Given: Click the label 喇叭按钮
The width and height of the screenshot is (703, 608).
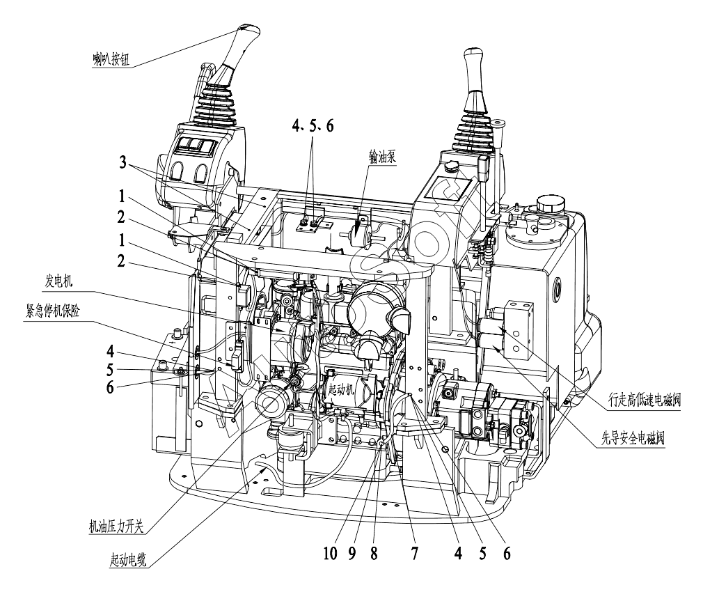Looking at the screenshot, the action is (x=111, y=59).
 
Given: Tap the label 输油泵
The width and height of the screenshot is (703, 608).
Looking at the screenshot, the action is (x=382, y=157).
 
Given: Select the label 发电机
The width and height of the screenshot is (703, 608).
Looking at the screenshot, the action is (x=58, y=281).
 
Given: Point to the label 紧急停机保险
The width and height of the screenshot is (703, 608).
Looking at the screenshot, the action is (x=53, y=311).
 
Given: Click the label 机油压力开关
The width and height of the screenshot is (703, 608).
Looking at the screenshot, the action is (x=116, y=525).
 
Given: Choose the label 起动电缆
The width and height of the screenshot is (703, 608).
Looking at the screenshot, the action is (x=128, y=559).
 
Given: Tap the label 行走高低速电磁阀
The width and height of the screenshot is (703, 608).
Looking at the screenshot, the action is (x=645, y=399).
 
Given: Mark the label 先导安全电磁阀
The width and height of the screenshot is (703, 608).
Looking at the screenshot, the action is (x=633, y=437).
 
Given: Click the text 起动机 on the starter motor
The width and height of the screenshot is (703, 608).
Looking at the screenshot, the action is (x=341, y=389).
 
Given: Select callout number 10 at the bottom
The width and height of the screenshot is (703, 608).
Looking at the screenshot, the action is (x=330, y=553).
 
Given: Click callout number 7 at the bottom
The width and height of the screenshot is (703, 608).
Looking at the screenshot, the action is (x=415, y=553).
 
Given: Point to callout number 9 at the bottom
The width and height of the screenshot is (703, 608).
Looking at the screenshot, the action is (x=352, y=553).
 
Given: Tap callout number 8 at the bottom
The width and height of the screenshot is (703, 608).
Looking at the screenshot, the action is (x=374, y=553).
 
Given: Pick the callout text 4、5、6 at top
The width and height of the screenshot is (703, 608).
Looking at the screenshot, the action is (x=313, y=126).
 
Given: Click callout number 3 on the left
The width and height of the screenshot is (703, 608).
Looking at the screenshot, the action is (x=123, y=162).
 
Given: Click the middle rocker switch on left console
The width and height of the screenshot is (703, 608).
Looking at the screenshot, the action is (x=195, y=143).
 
